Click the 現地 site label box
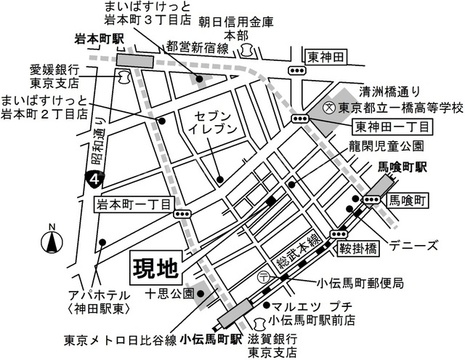pos(156,268)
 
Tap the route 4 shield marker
pos(95,180)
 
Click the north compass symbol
pos(52,241)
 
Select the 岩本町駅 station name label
pos(98,40)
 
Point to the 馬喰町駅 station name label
pos(402,167)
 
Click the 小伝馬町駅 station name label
pos(210,340)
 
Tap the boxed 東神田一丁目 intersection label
pos(392,127)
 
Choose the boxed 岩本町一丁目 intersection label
pos(133,204)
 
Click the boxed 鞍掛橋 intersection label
pos(358,249)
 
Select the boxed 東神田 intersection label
pos(326,57)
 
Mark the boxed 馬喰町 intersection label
pos(407,201)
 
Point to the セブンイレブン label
pos(213,122)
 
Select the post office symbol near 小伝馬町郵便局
pos(265,276)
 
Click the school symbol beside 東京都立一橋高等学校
pos(329,107)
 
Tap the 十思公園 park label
pos(170,294)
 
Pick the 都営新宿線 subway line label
pos(197,48)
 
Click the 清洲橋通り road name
pos(389,92)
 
